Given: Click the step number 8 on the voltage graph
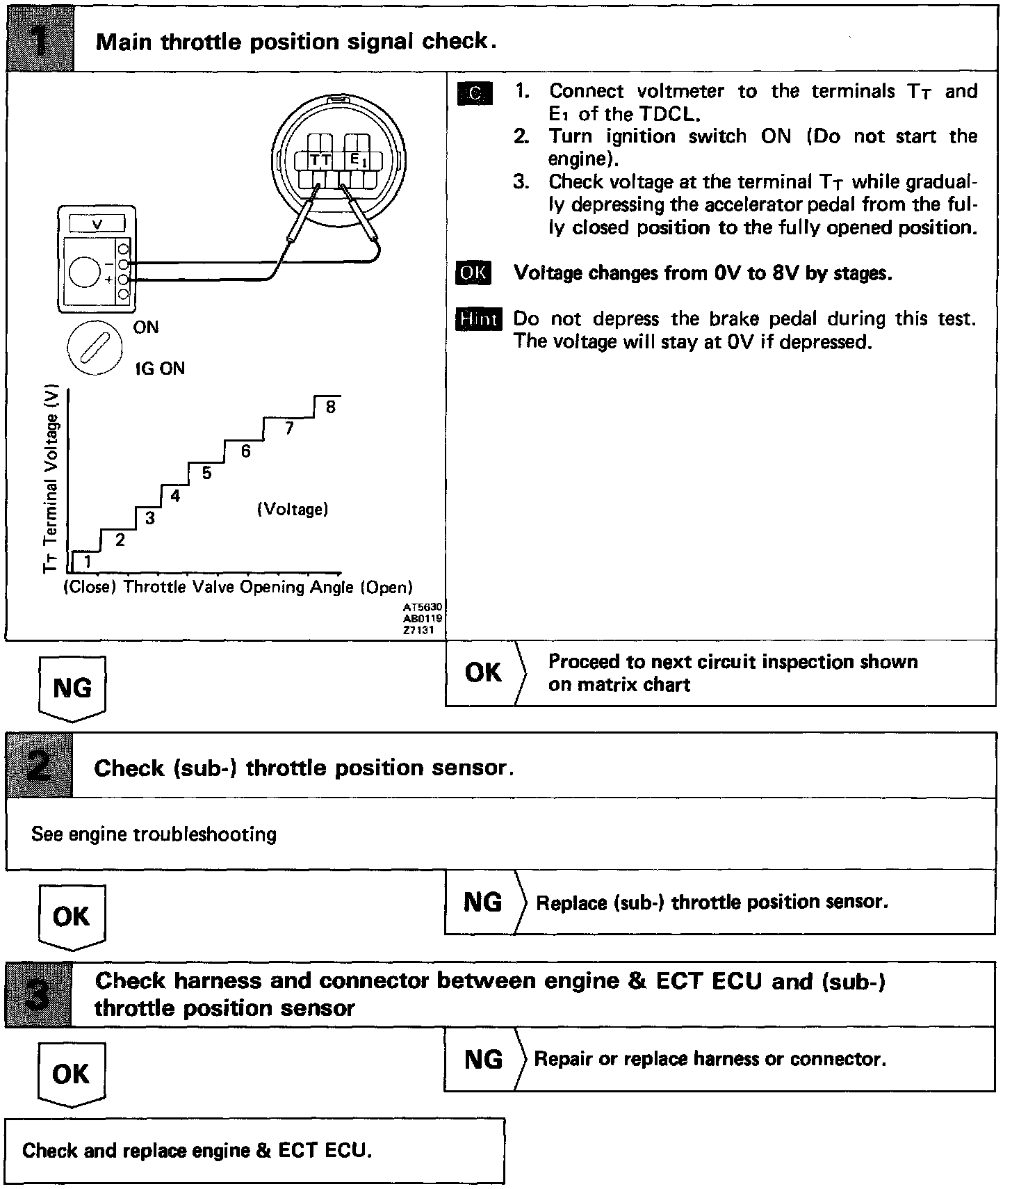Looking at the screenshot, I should pyautogui.click(x=330, y=407).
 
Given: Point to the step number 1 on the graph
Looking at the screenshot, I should pyautogui.click(x=88, y=560).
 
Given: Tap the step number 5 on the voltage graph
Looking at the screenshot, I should pyautogui.click(x=206, y=473).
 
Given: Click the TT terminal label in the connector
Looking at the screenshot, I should pyautogui.click(x=320, y=161).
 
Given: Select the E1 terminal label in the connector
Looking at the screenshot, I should pyautogui.click(x=356, y=161).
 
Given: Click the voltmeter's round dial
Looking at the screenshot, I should pyautogui.click(x=85, y=272).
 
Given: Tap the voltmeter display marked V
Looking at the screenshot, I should pyautogui.click(x=97, y=224).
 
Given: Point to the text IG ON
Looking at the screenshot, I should pyautogui.click(x=161, y=369).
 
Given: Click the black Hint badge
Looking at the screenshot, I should pyautogui.click(x=479, y=319).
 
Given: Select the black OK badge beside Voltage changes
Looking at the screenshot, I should pyautogui.click(x=473, y=273).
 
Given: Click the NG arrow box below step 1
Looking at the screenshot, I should pyautogui.click(x=72, y=687).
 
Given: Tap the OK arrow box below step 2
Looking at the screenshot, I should pyautogui.click(x=72, y=916).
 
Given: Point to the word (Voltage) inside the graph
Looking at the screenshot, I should pyautogui.click(x=293, y=510).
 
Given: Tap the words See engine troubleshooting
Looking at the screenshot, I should pyautogui.click(x=154, y=834).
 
